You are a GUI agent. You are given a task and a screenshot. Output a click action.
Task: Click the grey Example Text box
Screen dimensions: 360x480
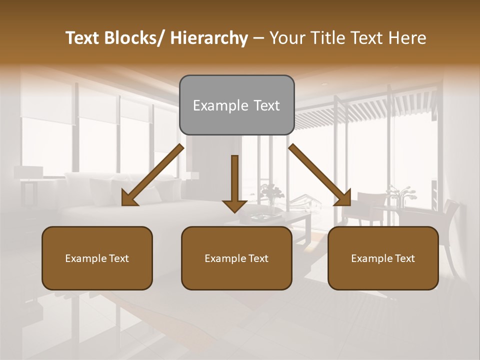pos(236,105)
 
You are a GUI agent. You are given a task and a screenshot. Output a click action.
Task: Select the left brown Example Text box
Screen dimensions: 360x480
pos(97,258)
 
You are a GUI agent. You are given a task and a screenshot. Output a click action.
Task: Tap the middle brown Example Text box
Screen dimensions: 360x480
pos(236,258)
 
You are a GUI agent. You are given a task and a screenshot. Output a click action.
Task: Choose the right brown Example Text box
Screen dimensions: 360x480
pos(383,258)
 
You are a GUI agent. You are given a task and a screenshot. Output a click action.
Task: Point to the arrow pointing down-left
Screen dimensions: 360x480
pos(152,175)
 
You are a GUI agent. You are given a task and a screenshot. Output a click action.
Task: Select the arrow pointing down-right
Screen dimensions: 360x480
pos(319,175)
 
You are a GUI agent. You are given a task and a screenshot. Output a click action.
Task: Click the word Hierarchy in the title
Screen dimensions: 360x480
pos(209,38)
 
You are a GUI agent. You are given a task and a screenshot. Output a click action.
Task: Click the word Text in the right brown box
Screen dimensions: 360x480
pos(404,258)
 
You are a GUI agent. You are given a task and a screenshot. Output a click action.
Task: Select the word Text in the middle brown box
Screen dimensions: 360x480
pos(258,258)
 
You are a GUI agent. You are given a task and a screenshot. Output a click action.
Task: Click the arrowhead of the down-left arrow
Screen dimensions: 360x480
pos(129,197)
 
